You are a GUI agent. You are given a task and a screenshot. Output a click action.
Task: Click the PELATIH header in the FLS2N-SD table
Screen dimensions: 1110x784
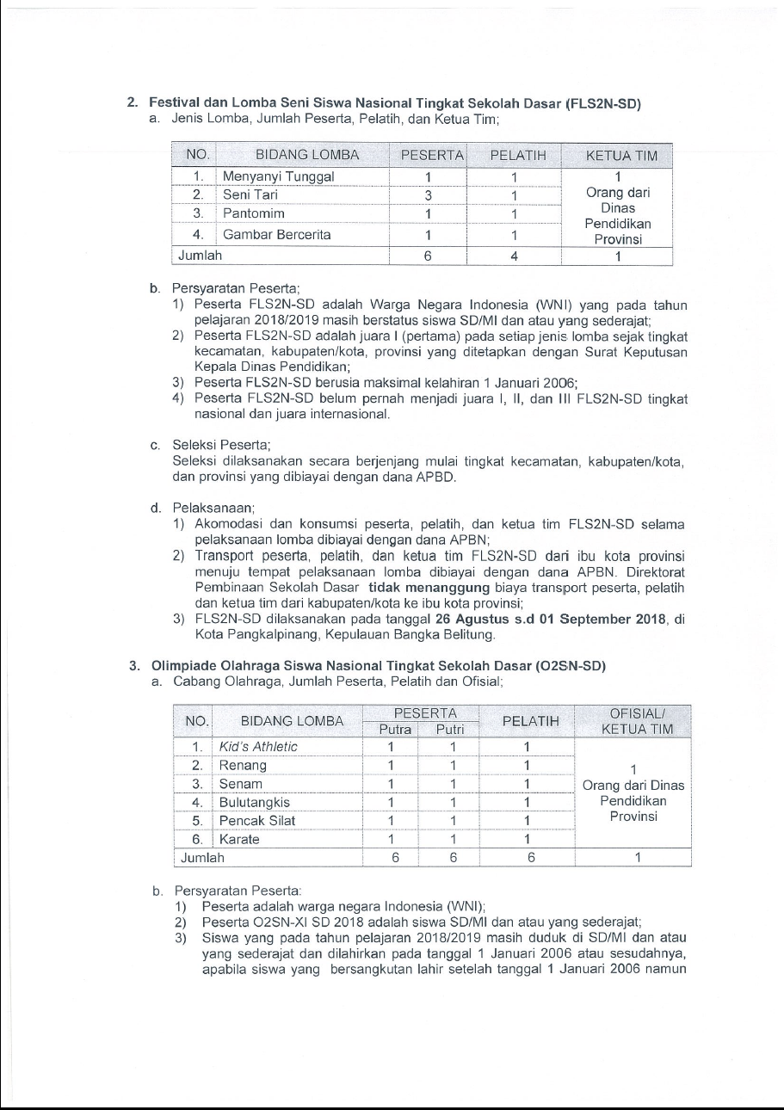512,156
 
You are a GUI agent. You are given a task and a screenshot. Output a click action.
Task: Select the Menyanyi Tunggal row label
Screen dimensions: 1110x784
278,177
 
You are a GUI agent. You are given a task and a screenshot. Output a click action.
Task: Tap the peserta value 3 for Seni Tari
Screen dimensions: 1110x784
427,195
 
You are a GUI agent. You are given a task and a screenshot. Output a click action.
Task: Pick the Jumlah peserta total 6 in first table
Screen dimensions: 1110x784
427,256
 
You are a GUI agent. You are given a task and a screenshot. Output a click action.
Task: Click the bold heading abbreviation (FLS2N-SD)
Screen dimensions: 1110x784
603,103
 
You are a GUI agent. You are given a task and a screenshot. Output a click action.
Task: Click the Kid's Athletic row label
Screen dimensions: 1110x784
258,746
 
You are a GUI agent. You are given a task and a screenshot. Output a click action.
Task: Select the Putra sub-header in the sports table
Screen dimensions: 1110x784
390,730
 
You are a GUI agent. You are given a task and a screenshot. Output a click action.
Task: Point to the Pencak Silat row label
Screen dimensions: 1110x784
257,821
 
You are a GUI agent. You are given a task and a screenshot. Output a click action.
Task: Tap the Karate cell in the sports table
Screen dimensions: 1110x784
240,839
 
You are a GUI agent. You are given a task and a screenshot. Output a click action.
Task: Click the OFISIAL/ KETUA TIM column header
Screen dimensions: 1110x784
633,721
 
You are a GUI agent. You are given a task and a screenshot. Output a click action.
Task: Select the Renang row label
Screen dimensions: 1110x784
244,765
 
